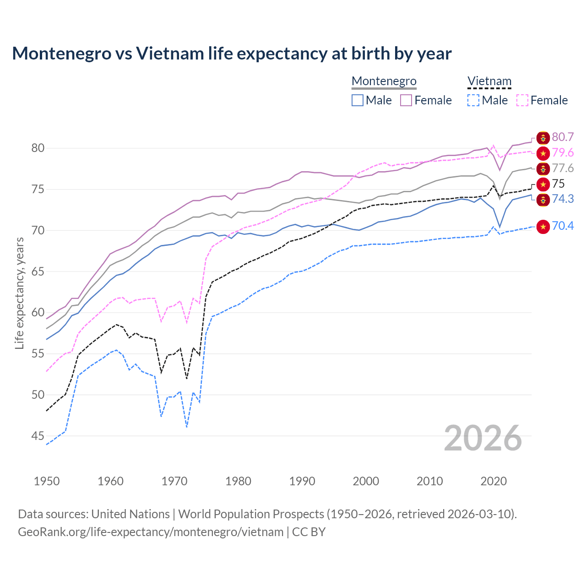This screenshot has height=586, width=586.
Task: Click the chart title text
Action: point(232,54)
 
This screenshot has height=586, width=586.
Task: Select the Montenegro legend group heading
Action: point(384,81)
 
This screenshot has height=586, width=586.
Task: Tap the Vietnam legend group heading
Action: point(489,81)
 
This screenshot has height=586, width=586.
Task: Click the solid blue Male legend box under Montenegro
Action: point(358,100)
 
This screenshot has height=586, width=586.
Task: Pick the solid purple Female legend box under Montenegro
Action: point(406,100)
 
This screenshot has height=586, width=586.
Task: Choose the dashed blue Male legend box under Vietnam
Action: point(473,100)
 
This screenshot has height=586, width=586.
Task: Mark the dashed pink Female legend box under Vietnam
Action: point(522,100)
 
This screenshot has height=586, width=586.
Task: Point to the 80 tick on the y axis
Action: point(38,148)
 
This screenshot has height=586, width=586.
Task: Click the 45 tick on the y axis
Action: point(38,436)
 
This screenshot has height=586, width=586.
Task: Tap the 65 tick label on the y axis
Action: point(38,271)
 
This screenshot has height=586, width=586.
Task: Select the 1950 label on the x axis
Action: point(47,481)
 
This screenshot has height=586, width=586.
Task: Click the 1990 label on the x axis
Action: point(302,481)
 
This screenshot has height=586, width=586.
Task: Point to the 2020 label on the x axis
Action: point(494,481)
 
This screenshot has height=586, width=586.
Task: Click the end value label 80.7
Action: point(563,137)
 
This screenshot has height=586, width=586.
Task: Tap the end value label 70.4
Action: point(563,226)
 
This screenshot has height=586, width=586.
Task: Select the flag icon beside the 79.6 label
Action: point(543,153)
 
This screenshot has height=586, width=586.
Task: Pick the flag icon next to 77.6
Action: point(543,168)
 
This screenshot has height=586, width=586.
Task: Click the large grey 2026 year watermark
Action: point(483,438)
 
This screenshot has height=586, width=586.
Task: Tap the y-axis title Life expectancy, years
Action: point(19,293)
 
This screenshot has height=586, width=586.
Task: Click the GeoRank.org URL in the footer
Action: point(151,532)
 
